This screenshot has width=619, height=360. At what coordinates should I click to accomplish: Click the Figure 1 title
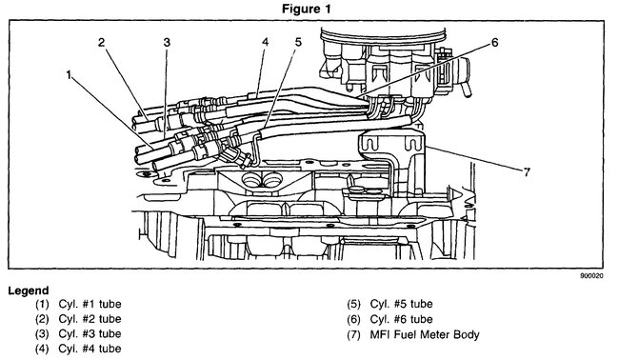306,10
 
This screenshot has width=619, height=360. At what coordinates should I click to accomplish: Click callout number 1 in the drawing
70,74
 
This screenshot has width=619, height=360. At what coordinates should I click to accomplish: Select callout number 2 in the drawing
102,42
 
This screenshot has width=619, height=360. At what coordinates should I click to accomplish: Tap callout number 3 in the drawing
167,42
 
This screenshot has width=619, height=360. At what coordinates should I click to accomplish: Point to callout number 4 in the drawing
265,42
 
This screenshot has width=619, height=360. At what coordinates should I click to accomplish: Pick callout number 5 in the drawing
298,42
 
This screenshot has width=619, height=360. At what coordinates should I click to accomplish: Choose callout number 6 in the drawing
494,42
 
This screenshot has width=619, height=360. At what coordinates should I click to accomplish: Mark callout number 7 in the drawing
527,172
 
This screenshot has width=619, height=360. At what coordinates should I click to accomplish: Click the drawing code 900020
591,276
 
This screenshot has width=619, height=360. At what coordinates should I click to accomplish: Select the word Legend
29,290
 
